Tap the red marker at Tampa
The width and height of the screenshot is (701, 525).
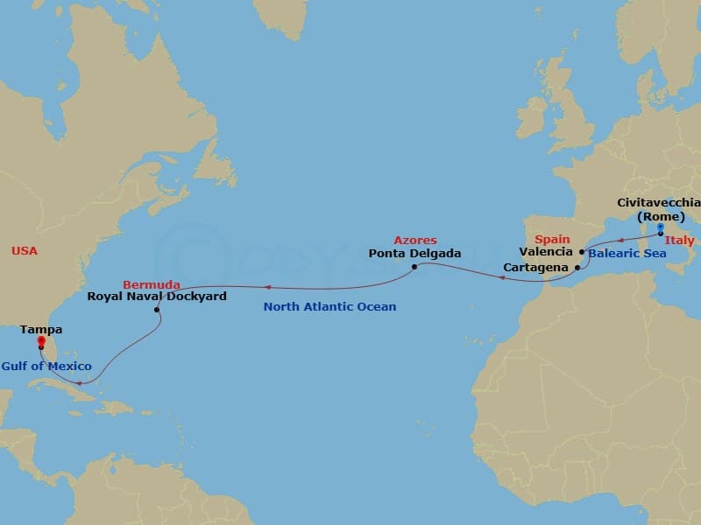pos(41,342)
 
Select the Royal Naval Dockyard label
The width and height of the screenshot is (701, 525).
pos(157,297)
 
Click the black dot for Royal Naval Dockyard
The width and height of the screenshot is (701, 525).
pos(157,310)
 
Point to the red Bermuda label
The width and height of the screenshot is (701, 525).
pos(152,284)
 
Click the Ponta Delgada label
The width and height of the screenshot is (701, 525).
pos(415,254)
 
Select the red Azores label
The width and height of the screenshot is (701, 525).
pos(414,241)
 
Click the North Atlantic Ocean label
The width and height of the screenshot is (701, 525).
pos(330,307)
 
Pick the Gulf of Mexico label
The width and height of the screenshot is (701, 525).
pos(46,366)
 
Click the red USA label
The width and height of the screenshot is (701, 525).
pos(24,251)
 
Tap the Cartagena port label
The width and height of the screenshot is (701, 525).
pos(535,268)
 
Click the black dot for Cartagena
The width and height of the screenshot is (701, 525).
pos(577,268)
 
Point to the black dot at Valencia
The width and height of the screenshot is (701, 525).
pos(582,252)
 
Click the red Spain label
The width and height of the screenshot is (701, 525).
pos(552,239)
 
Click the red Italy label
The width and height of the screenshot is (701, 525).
pos(680,241)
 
